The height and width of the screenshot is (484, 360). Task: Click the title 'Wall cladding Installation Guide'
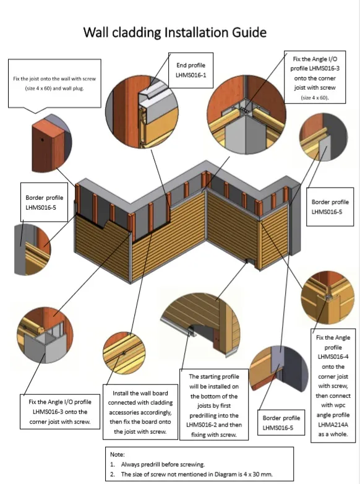click(x=180, y=32)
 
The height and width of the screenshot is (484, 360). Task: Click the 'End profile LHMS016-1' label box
click(x=190, y=69)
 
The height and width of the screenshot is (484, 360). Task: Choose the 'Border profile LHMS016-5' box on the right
click(x=328, y=206)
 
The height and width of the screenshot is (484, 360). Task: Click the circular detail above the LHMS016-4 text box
click(x=327, y=298)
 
